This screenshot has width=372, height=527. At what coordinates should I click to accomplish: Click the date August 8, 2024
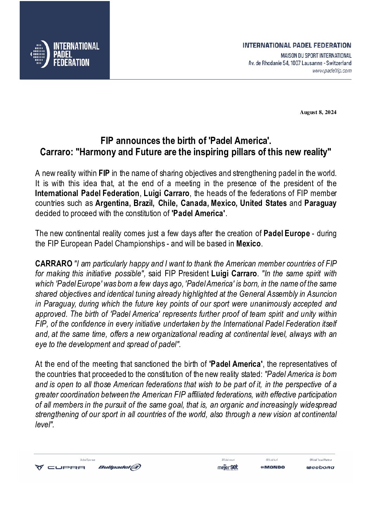(318, 113)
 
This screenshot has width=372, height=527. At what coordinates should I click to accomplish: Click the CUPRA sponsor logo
(60, 468)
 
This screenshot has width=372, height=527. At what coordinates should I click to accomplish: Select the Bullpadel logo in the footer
(120, 467)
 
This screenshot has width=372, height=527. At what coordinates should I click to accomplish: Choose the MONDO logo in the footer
(273, 467)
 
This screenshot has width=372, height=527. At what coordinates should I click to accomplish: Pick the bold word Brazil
(143, 203)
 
